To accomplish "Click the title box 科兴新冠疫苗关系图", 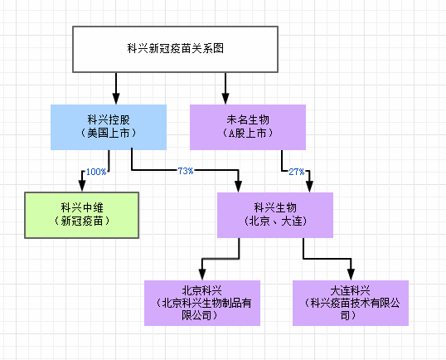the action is click(x=175, y=49).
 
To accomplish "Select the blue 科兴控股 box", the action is click(x=109, y=127).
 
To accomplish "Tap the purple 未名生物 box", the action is click(x=248, y=127).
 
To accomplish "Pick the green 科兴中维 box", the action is click(x=81, y=215).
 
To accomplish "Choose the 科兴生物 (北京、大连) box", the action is click(x=275, y=215).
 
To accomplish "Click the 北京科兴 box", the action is click(x=202, y=303).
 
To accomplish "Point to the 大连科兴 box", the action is click(x=351, y=303).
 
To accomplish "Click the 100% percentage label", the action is click(x=96, y=172).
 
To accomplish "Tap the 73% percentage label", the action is click(x=186, y=171).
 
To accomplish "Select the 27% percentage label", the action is click(x=297, y=172).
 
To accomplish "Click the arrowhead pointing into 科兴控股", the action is click(x=116, y=99).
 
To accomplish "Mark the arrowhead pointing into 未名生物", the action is click(x=225, y=99).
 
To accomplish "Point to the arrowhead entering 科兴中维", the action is click(x=82, y=186).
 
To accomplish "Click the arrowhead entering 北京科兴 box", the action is click(x=202, y=275).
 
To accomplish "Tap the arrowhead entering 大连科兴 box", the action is click(x=351, y=275).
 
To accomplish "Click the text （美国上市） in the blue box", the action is click(x=109, y=134).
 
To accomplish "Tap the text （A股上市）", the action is click(x=248, y=134).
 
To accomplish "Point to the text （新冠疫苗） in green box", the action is click(x=81, y=221).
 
